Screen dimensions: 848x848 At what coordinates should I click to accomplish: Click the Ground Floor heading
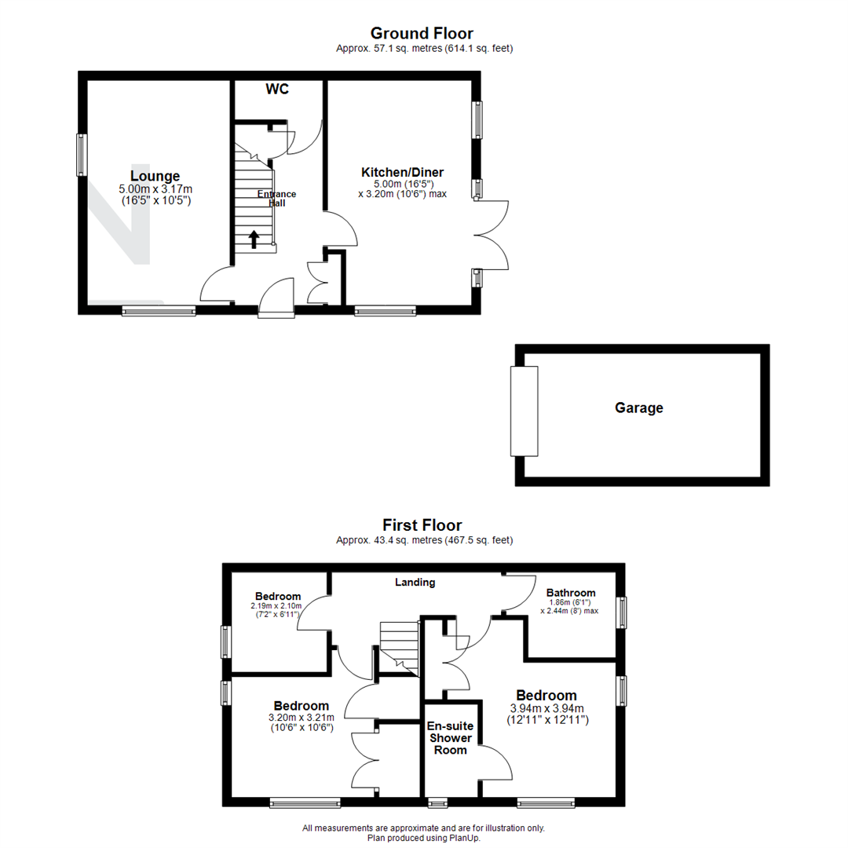click(x=422, y=33)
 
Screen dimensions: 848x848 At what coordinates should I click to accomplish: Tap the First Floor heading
click(x=422, y=525)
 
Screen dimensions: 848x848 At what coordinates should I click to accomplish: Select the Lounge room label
click(x=155, y=176)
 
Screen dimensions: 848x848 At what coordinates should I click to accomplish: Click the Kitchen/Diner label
click(x=402, y=172)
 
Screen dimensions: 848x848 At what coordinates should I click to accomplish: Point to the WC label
click(x=276, y=90)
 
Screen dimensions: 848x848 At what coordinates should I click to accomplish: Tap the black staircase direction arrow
click(x=254, y=239)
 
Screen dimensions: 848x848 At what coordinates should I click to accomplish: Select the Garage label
click(x=638, y=408)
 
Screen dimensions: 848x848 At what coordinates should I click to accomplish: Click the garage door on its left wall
click(x=525, y=411)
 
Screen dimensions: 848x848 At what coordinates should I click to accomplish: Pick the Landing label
click(x=415, y=583)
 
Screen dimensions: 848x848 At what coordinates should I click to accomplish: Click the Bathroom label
click(x=571, y=593)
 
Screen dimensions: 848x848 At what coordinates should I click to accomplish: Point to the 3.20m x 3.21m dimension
click(x=301, y=717)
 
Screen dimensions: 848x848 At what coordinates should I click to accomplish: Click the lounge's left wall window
click(x=81, y=155)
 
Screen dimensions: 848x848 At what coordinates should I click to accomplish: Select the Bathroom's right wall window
click(x=621, y=612)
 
